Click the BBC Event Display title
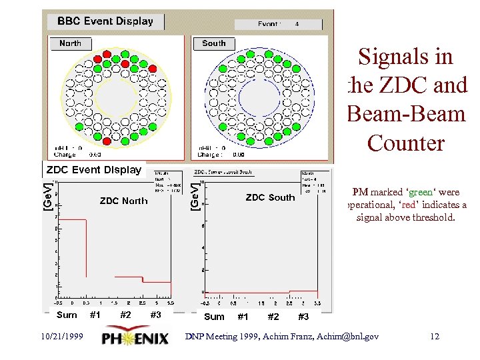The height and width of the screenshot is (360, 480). [x=105, y=21]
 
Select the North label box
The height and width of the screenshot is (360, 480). [x=70, y=43]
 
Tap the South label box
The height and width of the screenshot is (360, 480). [x=214, y=43]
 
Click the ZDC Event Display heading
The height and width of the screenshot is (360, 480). [x=94, y=169]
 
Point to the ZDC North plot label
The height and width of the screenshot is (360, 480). [x=124, y=201]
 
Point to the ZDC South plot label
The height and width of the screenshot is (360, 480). [x=270, y=197]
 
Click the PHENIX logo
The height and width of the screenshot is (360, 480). [x=135, y=339]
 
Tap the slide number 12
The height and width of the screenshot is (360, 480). [x=435, y=337]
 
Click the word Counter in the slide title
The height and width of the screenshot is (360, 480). [x=405, y=143]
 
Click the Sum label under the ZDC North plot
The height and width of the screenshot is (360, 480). [x=67, y=315]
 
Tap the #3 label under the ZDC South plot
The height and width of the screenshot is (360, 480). [x=303, y=317]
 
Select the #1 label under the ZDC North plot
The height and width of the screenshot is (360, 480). [x=95, y=315]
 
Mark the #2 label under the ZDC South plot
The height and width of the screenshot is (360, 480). [x=273, y=317]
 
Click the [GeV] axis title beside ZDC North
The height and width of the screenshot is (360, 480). [x=48, y=197]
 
